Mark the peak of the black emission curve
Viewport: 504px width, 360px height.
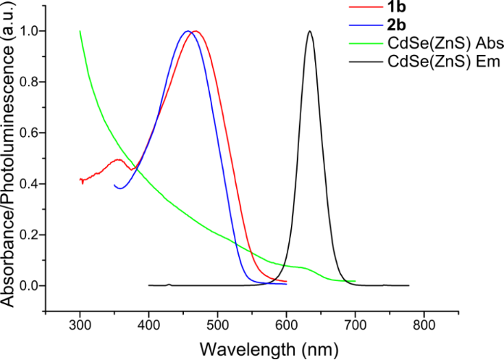tap(310, 31)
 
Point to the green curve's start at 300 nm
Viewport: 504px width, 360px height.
tap(80, 31)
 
